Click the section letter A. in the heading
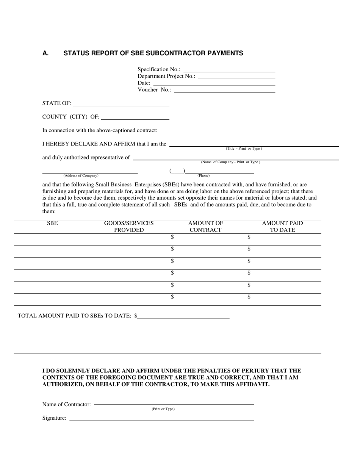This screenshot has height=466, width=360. pos(45,53)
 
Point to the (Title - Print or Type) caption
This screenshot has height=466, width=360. pos(244,149)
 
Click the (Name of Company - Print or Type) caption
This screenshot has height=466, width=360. pos(230,162)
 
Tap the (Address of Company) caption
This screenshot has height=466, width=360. pos(81,176)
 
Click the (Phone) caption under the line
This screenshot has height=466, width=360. pos(203,176)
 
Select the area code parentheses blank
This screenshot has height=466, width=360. pos(177,172)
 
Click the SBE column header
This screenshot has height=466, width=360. pos(52,223)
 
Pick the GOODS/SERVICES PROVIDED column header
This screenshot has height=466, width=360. pos(129,227)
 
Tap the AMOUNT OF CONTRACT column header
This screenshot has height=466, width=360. pos(205,227)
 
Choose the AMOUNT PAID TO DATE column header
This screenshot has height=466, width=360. pos(282,227)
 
